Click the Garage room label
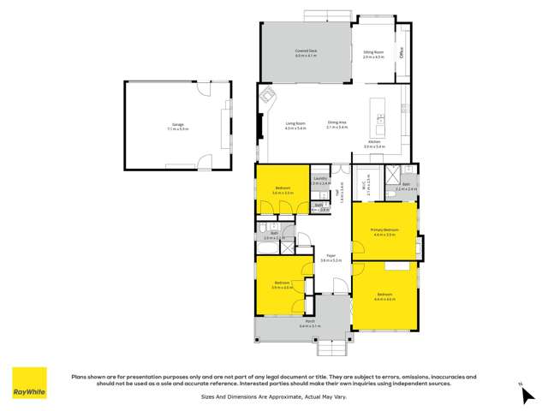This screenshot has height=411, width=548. (177, 126)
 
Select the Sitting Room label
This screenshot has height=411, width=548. (372, 52)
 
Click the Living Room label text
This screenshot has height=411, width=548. (295, 125)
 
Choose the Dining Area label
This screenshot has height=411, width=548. (337, 124)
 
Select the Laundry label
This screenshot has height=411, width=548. (320, 181)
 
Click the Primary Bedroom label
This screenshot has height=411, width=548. (384, 231)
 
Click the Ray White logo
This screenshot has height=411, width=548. (29, 383)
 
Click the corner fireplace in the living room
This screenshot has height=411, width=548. (268, 96)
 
